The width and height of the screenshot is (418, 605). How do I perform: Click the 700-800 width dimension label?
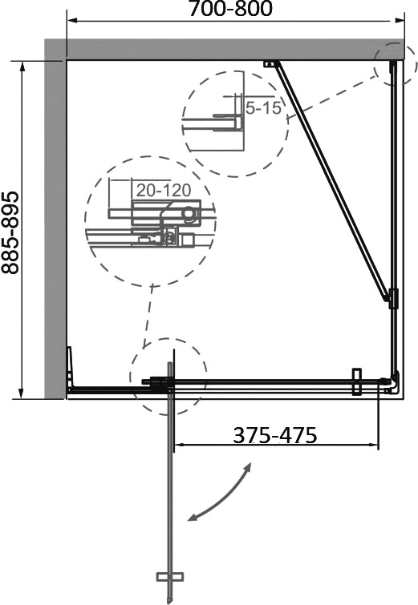click(x=230, y=9)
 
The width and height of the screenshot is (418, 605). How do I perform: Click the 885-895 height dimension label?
click(x=10, y=232)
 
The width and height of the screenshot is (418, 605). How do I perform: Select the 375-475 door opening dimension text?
click(x=275, y=435)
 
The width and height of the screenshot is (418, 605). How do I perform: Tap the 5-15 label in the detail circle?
click(x=263, y=107)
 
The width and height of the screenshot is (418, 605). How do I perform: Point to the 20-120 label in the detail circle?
click(x=164, y=190)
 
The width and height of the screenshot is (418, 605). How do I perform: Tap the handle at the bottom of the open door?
click(x=169, y=577)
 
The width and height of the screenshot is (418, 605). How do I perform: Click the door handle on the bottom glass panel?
click(x=356, y=381)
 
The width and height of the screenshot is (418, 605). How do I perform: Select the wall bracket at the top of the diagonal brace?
click(x=272, y=64)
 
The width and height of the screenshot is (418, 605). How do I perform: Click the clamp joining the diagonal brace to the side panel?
click(x=393, y=299)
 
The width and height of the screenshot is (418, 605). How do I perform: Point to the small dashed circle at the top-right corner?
click(x=396, y=64)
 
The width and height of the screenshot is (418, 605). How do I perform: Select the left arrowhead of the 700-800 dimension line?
click(x=73, y=21)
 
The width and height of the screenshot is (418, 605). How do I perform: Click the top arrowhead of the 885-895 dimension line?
click(x=22, y=67)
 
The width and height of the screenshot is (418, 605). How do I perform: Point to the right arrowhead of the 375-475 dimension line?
click(x=372, y=446)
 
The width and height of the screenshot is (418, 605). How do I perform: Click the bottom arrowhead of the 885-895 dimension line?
click(x=22, y=393)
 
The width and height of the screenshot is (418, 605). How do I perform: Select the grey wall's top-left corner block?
click(x=55, y=50)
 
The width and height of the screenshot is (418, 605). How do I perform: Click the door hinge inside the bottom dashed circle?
click(x=158, y=382)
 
